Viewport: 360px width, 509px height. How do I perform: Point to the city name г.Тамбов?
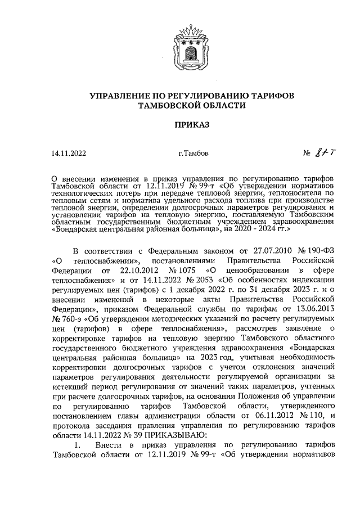pyautogui.click(x=192, y=152)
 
